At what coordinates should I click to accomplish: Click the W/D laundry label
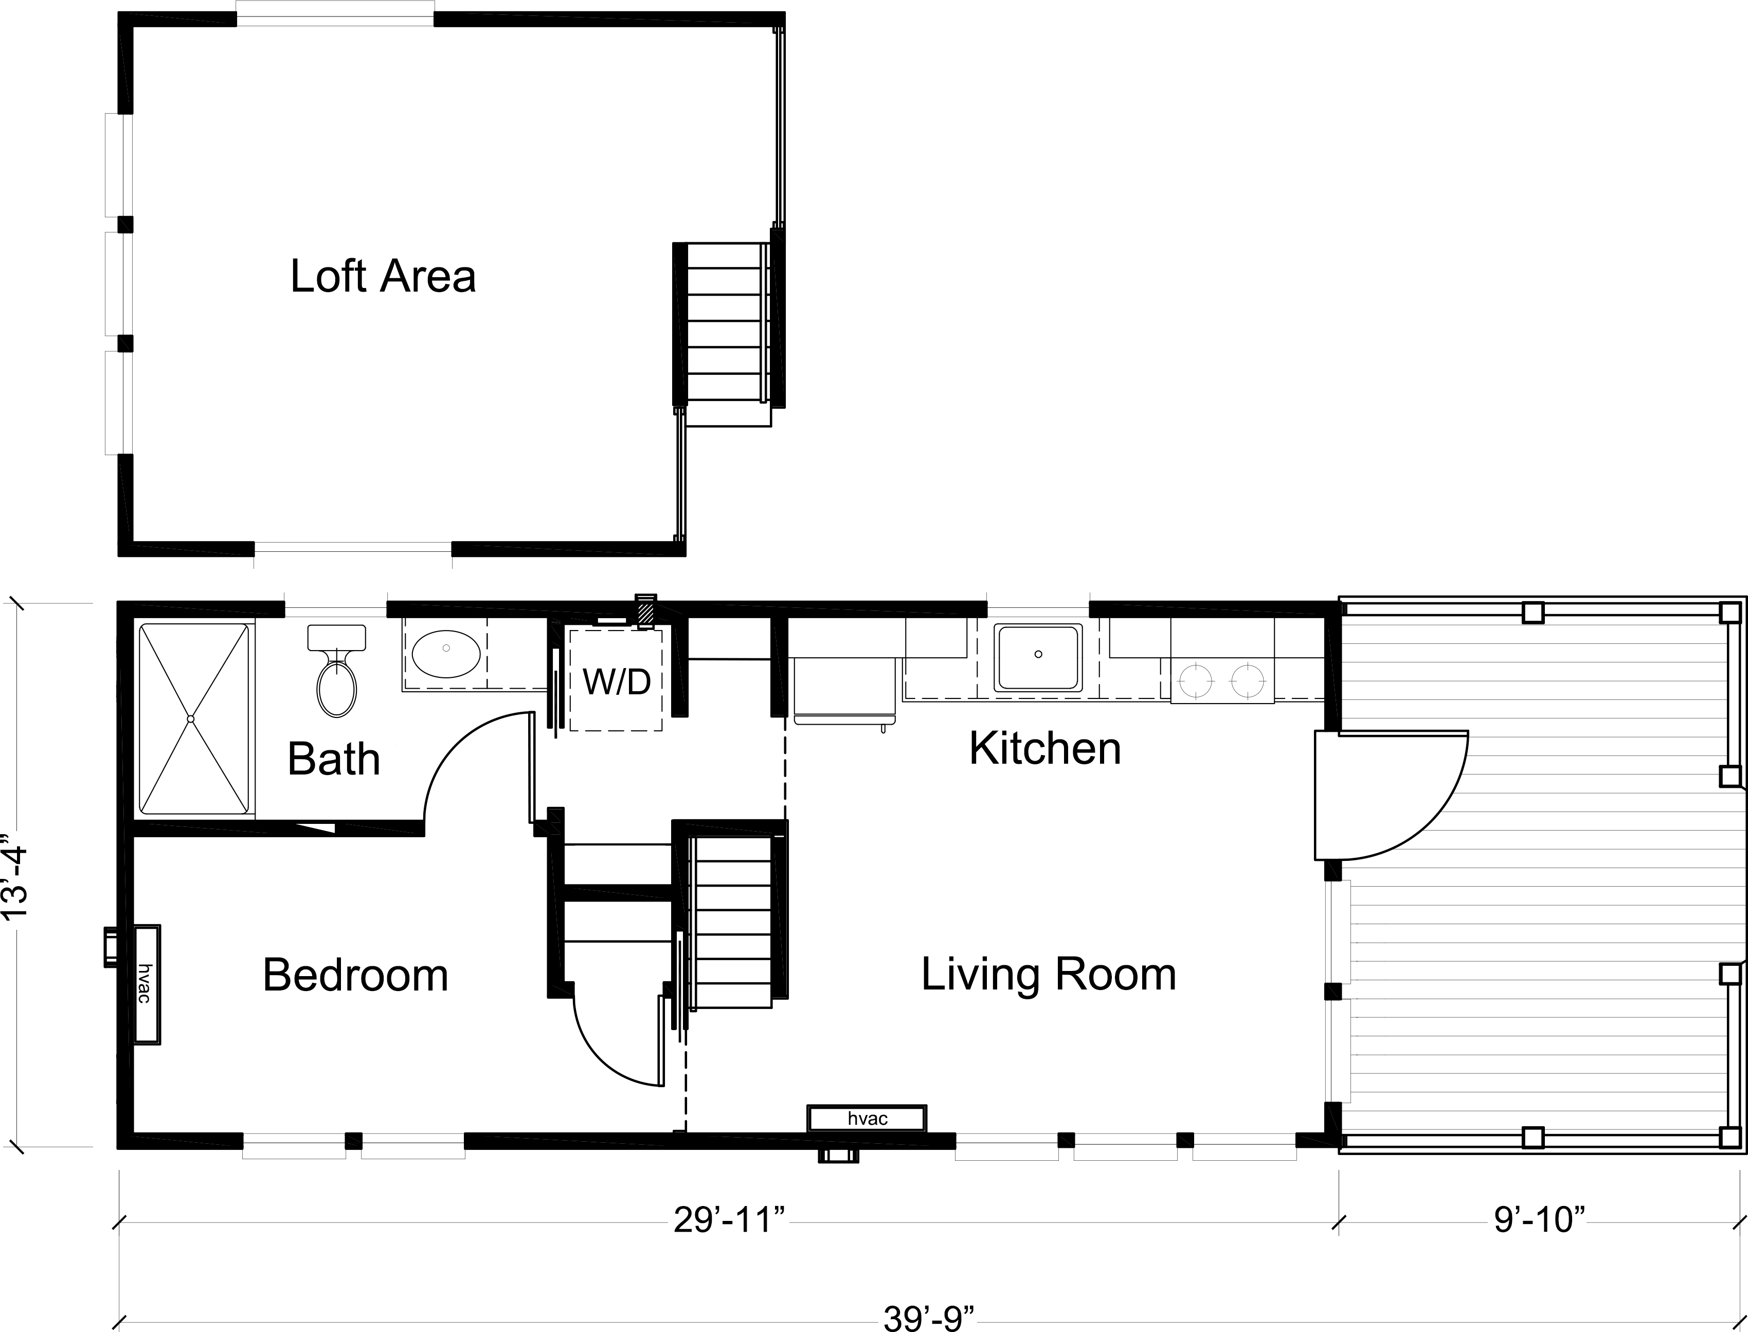point(617,681)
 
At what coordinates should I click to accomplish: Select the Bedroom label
point(355,975)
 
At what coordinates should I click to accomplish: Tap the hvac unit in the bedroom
point(146,984)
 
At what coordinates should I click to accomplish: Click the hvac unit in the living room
point(867,1119)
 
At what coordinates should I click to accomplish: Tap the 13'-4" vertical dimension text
point(16,874)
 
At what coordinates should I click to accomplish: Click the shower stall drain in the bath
point(190,719)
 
